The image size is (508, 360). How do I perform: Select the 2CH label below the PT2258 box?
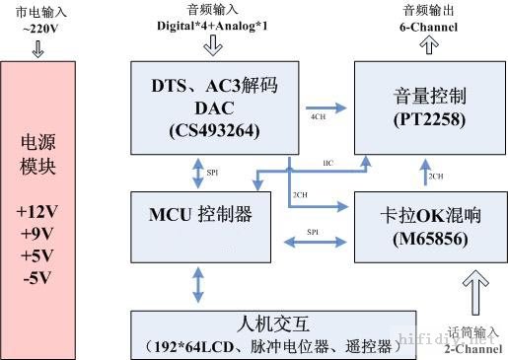click(434, 176)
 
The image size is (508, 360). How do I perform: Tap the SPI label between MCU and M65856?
click(312, 231)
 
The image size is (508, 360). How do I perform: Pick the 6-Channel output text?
click(429, 28)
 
